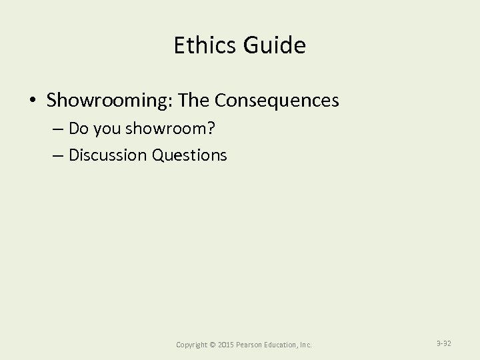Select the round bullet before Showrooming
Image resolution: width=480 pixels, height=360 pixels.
pyautogui.click(x=33, y=101)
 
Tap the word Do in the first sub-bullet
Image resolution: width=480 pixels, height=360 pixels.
pyautogui.click(x=77, y=129)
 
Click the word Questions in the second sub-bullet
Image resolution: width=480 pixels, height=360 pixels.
pyautogui.click(x=190, y=155)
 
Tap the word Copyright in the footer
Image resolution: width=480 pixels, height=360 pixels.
pyautogui.click(x=191, y=345)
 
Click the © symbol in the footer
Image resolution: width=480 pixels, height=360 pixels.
pyautogui.click(x=213, y=345)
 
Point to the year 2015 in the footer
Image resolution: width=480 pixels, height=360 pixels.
pyautogui.click(x=227, y=345)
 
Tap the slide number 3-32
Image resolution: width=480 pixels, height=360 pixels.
pyautogui.click(x=444, y=343)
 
